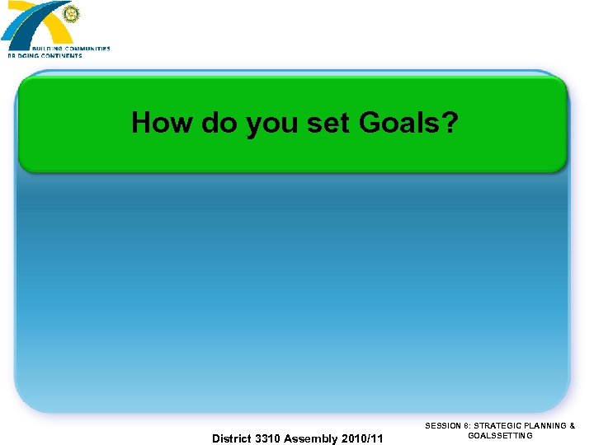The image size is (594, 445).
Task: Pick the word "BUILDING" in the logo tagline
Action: [x=55, y=49]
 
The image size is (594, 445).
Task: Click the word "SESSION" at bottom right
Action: [x=444, y=426]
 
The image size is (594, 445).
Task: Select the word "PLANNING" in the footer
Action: [x=545, y=426]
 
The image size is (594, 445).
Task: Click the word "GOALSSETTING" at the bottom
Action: [x=500, y=435]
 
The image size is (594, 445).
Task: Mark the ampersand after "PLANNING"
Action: [x=573, y=426]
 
